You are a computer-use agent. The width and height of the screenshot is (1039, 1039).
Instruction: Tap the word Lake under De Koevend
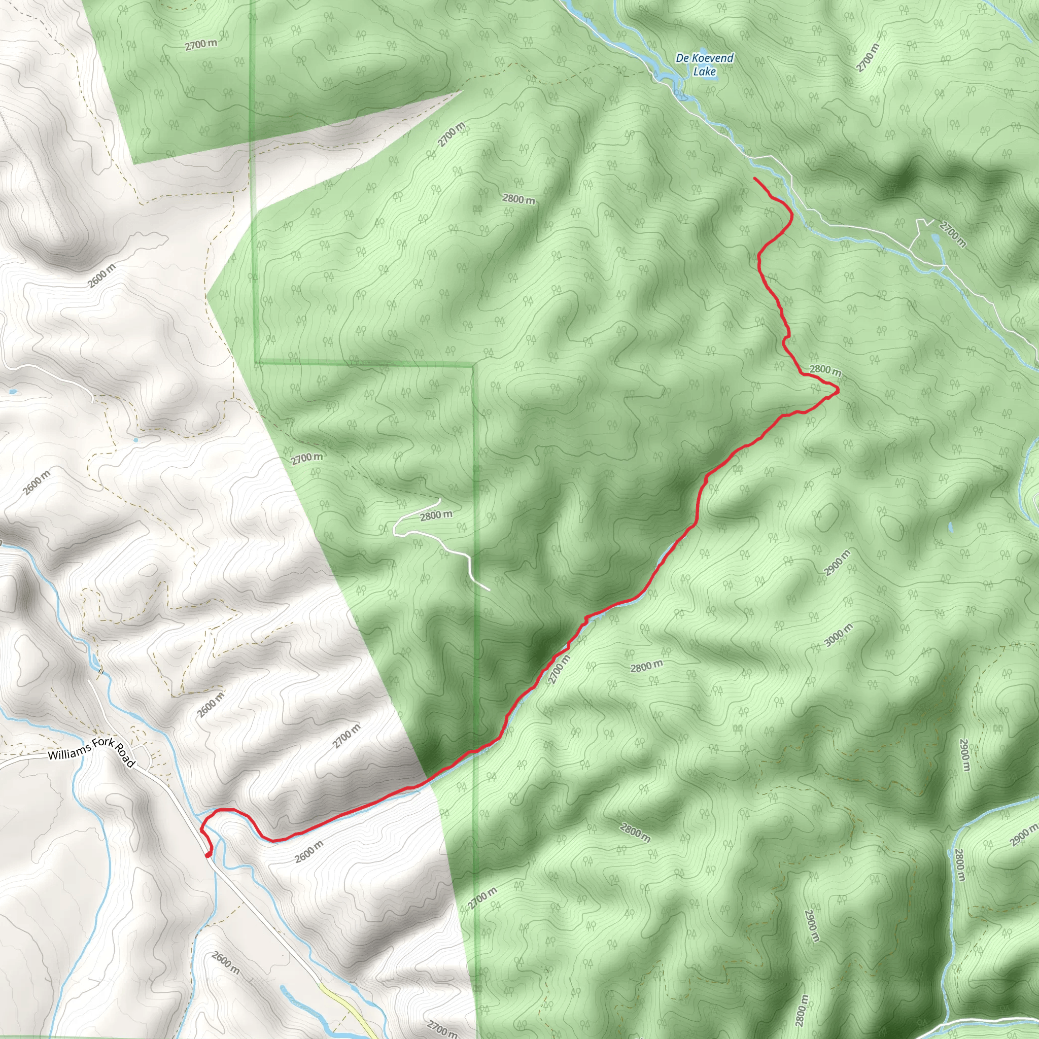click(x=704, y=71)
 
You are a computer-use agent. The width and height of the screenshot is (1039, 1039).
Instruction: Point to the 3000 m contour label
click(x=839, y=635)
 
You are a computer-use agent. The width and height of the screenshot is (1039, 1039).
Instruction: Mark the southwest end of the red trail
click(x=207, y=854)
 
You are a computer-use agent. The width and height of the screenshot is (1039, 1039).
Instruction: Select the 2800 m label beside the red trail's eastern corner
click(x=824, y=370)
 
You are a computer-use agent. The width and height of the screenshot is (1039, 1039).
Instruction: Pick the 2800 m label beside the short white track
click(x=436, y=515)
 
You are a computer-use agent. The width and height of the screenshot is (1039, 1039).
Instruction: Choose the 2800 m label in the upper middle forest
click(x=518, y=199)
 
